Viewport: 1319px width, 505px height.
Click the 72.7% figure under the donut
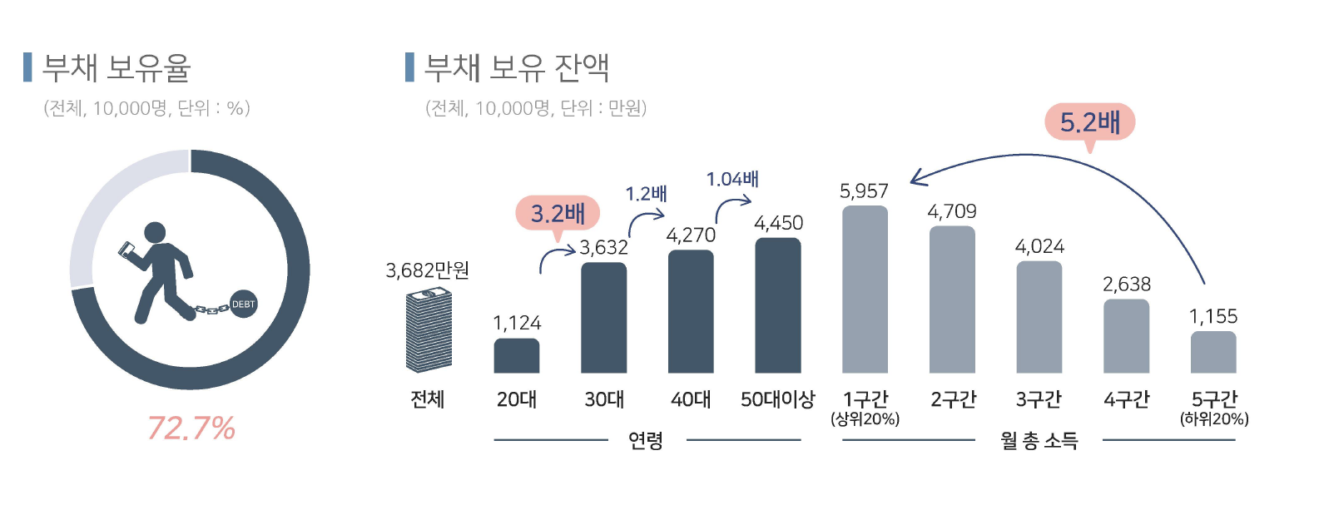click(191, 428)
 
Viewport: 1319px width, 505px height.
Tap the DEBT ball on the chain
click(243, 304)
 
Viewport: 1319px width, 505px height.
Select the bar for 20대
click(516, 355)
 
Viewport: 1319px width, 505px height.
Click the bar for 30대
click(603, 318)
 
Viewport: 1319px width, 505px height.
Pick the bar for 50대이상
click(777, 305)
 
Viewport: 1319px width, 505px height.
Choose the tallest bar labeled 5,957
click(865, 290)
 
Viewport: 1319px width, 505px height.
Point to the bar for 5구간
click(1212, 352)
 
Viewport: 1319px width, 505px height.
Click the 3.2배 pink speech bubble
click(558, 214)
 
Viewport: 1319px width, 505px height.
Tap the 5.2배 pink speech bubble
click(1089, 123)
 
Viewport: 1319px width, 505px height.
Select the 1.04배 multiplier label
click(732, 179)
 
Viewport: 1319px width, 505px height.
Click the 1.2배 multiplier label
click(647, 194)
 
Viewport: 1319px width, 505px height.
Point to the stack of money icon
click(429, 330)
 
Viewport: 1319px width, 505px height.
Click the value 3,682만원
click(427, 270)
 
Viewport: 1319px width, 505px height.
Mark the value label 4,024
click(1039, 246)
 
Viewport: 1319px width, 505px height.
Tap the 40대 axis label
click(691, 399)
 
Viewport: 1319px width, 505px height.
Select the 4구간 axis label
click(1126, 399)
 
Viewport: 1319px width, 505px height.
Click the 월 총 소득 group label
click(1039, 440)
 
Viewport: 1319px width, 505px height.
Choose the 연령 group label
click(646, 440)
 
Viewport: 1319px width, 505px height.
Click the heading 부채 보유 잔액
click(517, 67)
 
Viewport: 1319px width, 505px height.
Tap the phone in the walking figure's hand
click(127, 249)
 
